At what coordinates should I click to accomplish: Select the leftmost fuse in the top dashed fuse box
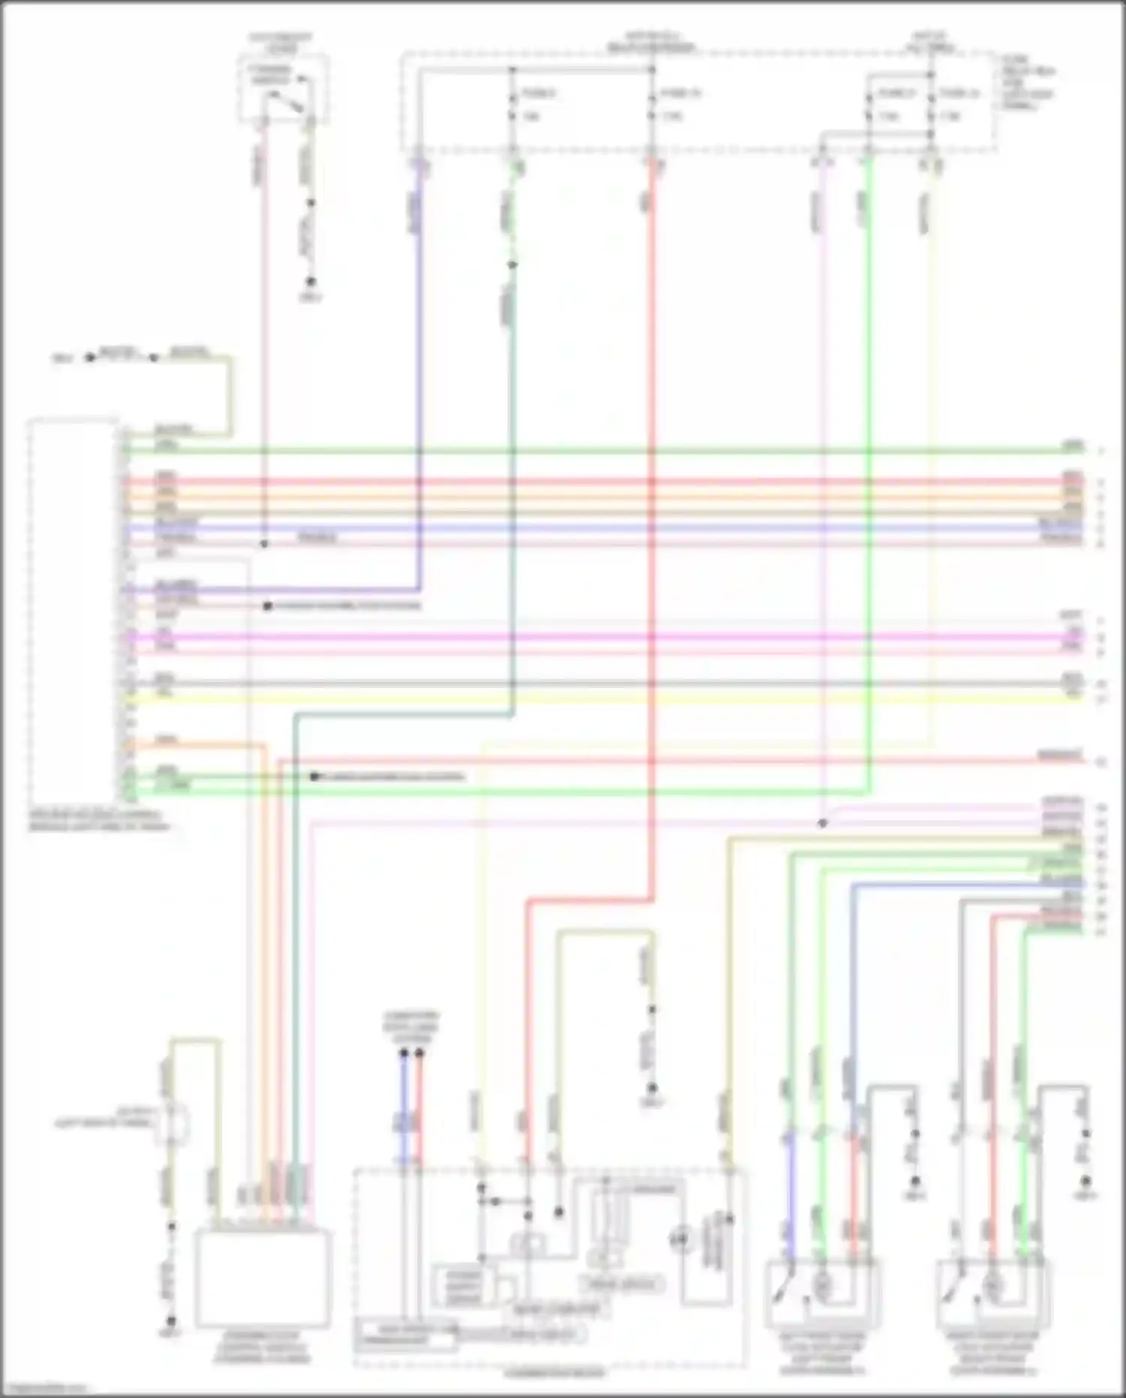[x=513, y=105]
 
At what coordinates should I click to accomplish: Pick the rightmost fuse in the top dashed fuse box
[x=931, y=105]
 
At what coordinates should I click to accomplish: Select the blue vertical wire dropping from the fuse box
[x=419, y=376]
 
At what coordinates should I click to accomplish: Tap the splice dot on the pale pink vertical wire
[x=263, y=543]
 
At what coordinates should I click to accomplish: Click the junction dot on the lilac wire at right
[x=823, y=823]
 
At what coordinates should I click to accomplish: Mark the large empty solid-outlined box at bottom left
[x=263, y=1279]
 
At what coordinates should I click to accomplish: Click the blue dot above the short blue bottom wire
[x=404, y=1053]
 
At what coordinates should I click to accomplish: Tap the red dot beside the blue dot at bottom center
[x=420, y=1053]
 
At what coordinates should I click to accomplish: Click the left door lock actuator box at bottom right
[x=823, y=1294]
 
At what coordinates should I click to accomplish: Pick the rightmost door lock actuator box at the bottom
[x=992, y=1294]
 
